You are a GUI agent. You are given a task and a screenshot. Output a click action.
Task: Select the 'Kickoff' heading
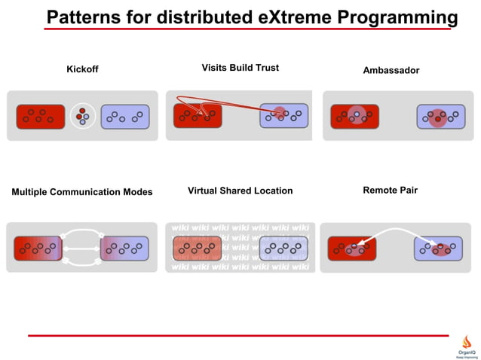82,70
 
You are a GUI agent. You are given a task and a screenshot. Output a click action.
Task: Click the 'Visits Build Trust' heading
240,68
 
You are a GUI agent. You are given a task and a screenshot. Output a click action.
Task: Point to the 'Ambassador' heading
391,70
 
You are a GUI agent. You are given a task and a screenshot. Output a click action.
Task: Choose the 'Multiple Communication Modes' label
81,192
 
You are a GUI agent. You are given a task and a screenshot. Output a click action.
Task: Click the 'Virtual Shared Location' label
240,191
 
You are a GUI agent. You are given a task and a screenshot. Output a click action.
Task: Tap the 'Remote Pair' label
390,191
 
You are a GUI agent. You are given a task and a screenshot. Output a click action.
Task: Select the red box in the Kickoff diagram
40,116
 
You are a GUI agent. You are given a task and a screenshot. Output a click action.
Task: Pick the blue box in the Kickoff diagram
124,116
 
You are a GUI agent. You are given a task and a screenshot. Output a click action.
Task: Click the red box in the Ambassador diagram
354,116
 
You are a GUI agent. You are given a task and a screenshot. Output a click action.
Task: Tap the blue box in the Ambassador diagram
440,116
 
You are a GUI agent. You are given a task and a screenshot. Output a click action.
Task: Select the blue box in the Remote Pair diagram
438,249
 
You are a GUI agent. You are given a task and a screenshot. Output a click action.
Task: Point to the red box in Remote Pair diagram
351,249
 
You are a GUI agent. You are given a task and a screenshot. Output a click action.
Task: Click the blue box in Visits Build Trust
284,115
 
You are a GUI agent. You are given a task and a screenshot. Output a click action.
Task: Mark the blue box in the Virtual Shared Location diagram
283,248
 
